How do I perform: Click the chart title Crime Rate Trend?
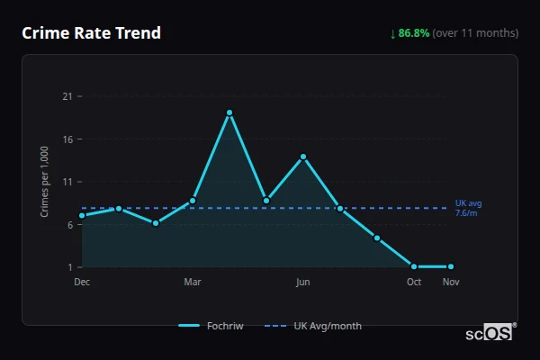(91, 33)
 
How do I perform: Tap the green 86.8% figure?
(414, 33)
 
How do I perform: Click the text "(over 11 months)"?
(475, 33)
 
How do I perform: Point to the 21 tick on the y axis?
(66, 96)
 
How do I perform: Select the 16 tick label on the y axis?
(66, 139)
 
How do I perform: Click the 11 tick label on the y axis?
(66, 182)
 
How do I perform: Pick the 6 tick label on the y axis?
(68, 225)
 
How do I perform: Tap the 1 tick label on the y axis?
(68, 267)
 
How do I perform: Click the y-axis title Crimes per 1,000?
(45, 182)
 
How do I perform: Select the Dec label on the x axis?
(82, 282)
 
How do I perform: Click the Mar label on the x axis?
(193, 282)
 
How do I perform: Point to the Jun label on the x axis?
(303, 282)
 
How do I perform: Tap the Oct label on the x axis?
(414, 282)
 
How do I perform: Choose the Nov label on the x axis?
(451, 282)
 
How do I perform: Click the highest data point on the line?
(229, 112)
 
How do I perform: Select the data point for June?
(303, 157)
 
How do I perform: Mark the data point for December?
(82, 215)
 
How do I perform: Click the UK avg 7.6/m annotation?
(468, 208)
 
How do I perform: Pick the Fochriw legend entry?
(211, 326)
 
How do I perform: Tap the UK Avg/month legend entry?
(315, 326)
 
